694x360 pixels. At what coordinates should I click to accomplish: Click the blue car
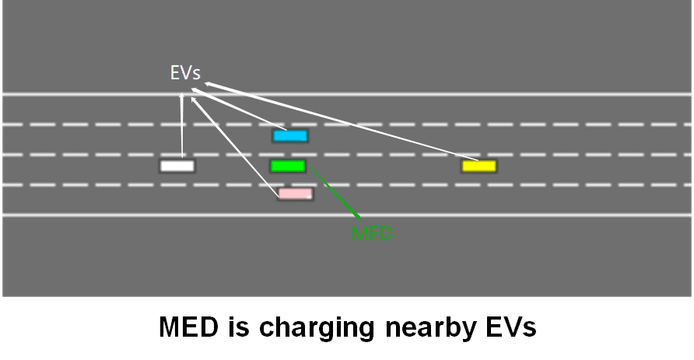(x=290, y=136)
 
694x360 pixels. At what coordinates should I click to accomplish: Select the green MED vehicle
(x=288, y=166)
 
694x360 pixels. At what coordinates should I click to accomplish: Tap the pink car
(x=296, y=194)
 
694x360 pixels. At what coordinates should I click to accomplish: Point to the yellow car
(x=478, y=166)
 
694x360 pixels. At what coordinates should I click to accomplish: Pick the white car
(x=177, y=166)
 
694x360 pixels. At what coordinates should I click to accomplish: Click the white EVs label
(x=185, y=73)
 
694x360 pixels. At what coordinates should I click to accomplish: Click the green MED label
(x=372, y=233)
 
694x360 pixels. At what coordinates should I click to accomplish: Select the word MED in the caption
(x=189, y=327)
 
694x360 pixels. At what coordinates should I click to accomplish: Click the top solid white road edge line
(x=467, y=95)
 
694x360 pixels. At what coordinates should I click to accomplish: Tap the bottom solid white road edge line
(x=467, y=215)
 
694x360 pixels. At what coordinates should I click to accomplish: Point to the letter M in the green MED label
(x=360, y=233)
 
